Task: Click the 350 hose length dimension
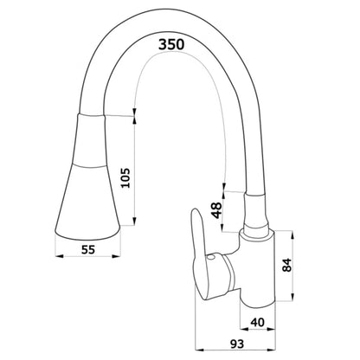click(171, 44)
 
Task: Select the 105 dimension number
click(125, 177)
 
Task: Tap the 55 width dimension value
click(88, 249)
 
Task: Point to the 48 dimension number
click(216, 210)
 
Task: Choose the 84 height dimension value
click(287, 265)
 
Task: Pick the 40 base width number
click(258, 322)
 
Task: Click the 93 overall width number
click(237, 344)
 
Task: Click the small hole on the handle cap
click(210, 258)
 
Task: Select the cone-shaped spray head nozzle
click(87, 177)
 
